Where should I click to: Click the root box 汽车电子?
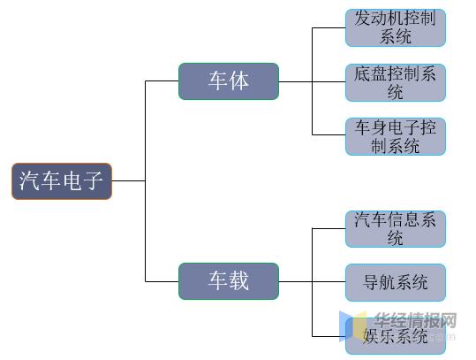tap(62, 181)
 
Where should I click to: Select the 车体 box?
tap(229, 81)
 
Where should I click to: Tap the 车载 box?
tap(229, 281)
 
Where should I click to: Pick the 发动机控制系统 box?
tap(396, 27)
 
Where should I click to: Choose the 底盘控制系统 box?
tap(396, 82)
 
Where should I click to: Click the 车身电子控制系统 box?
tap(396, 136)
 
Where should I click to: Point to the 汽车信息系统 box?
tap(396, 228)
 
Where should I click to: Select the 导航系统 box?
tap(396, 282)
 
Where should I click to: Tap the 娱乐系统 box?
tap(396, 336)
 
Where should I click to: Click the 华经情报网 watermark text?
tap(416, 320)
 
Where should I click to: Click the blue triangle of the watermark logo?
tap(345, 326)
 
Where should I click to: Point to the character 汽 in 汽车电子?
tap(29, 180)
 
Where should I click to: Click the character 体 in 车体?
tap(239, 80)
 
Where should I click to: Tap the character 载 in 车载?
tap(239, 280)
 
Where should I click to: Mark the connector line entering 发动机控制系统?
tap(329, 28)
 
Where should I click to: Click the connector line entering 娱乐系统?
tap(329, 336)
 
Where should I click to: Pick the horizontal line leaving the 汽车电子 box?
tap(129, 181)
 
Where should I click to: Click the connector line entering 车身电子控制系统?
tap(329, 134)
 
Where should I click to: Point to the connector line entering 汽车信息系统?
tap(329, 228)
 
